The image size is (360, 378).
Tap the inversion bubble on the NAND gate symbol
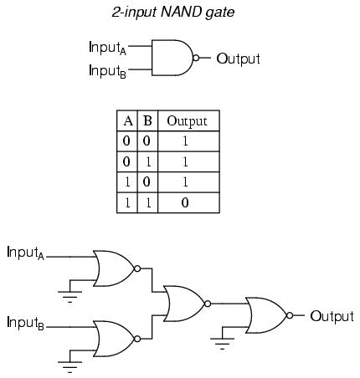coord(196,58)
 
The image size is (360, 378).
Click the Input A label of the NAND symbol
coord(107,48)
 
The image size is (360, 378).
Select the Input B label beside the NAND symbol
coord(107,71)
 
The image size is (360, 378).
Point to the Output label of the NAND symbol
coord(238,59)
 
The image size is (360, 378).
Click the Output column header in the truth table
coord(187,121)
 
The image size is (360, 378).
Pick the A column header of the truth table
coord(128,121)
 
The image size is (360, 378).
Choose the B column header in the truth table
coord(147,121)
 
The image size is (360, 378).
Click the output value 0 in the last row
coord(185,202)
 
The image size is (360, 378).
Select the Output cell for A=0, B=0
coord(185,141)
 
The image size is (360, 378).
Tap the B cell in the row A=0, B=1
coord(148,162)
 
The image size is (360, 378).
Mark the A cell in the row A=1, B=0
coord(127,182)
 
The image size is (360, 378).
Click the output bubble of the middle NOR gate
coord(208,304)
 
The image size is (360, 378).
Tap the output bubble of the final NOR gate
coord(290,315)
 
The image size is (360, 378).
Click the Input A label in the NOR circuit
coord(25,253)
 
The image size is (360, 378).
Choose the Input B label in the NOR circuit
coord(25,323)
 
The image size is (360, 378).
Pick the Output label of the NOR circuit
coord(332,316)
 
